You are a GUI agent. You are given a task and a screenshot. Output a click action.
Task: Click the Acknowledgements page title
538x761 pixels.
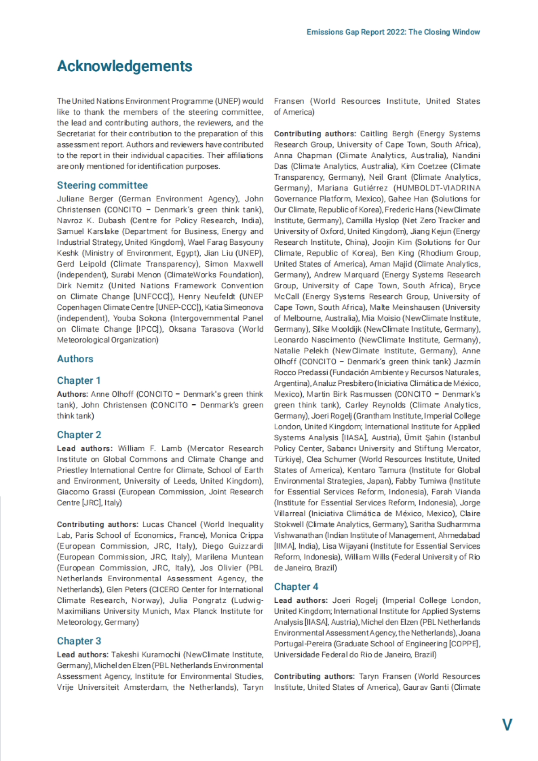pyautogui.click(x=124, y=66)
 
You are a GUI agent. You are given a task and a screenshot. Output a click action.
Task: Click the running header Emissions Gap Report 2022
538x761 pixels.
pyautogui.click(x=393, y=32)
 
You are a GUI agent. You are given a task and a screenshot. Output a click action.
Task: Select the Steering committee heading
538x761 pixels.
pyautogui.click(x=102, y=185)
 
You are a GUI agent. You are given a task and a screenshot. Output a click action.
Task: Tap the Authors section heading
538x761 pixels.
pyautogui.click(x=75, y=359)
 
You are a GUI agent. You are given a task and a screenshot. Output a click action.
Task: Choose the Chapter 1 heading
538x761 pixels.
pyautogui.click(x=78, y=380)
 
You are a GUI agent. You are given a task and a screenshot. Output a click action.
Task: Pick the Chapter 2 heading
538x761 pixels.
pyautogui.click(x=79, y=435)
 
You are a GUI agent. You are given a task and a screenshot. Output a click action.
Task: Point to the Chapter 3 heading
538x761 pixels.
pyautogui.click(x=79, y=641)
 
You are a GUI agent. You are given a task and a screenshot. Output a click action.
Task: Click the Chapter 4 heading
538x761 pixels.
pyautogui.click(x=296, y=587)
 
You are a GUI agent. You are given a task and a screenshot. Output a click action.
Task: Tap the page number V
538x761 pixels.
pyautogui.click(x=507, y=725)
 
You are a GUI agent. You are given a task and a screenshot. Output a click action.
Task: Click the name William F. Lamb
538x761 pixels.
pyautogui.click(x=150, y=449)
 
